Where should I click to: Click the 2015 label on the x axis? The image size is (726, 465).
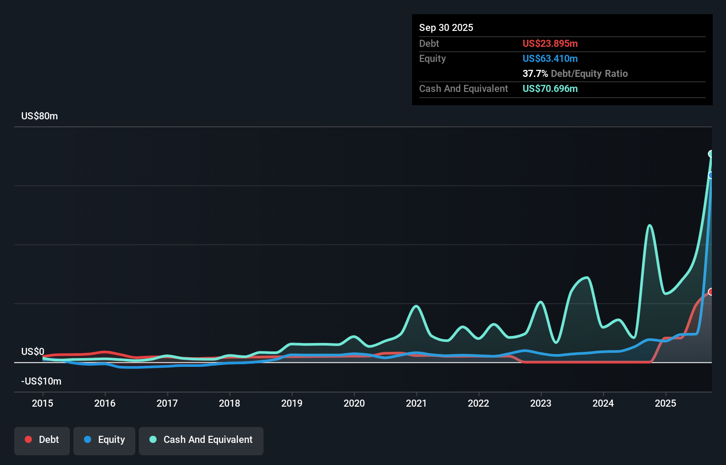click(x=42, y=403)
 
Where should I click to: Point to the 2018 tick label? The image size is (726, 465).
click(x=229, y=403)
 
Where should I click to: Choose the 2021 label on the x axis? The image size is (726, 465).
click(x=416, y=403)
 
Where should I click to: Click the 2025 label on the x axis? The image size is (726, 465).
click(x=665, y=403)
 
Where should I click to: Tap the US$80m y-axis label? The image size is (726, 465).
click(x=39, y=116)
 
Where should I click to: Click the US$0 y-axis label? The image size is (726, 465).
click(x=33, y=351)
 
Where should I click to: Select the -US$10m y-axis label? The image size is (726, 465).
click(x=41, y=381)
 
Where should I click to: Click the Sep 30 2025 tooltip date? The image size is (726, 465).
click(x=446, y=27)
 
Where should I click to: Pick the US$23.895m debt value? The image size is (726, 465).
click(x=550, y=43)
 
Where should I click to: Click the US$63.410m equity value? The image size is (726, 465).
click(x=550, y=58)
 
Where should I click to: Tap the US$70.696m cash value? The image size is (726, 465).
click(x=550, y=88)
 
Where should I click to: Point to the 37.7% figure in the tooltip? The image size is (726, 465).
click(x=535, y=73)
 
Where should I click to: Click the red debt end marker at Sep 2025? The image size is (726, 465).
click(x=711, y=292)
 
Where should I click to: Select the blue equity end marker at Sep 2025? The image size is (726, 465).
click(x=711, y=175)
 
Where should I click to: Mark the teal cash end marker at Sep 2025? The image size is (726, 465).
click(x=711, y=154)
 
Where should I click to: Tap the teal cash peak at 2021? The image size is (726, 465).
click(x=416, y=306)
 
